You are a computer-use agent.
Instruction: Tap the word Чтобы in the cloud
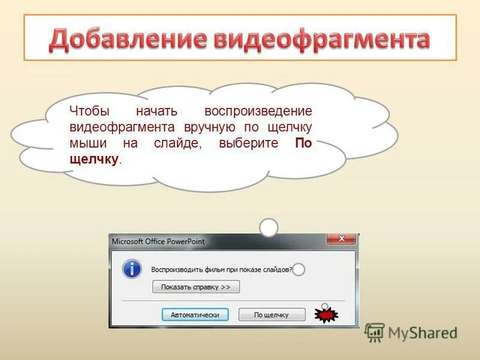coord(88,112)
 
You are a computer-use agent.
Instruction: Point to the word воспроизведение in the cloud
coord(258,112)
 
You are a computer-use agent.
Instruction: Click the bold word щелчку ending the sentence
coord(94,160)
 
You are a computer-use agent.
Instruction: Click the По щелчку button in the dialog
coord(271,314)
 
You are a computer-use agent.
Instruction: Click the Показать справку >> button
coord(196,287)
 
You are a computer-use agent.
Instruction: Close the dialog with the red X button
coord(341,239)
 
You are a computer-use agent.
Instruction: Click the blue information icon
coord(132,269)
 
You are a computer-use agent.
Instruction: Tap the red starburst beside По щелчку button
coord(326,314)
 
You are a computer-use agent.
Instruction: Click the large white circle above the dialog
coord(269,227)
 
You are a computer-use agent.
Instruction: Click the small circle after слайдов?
coord(298,269)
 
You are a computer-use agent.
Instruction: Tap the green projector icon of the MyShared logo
coord(374,332)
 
